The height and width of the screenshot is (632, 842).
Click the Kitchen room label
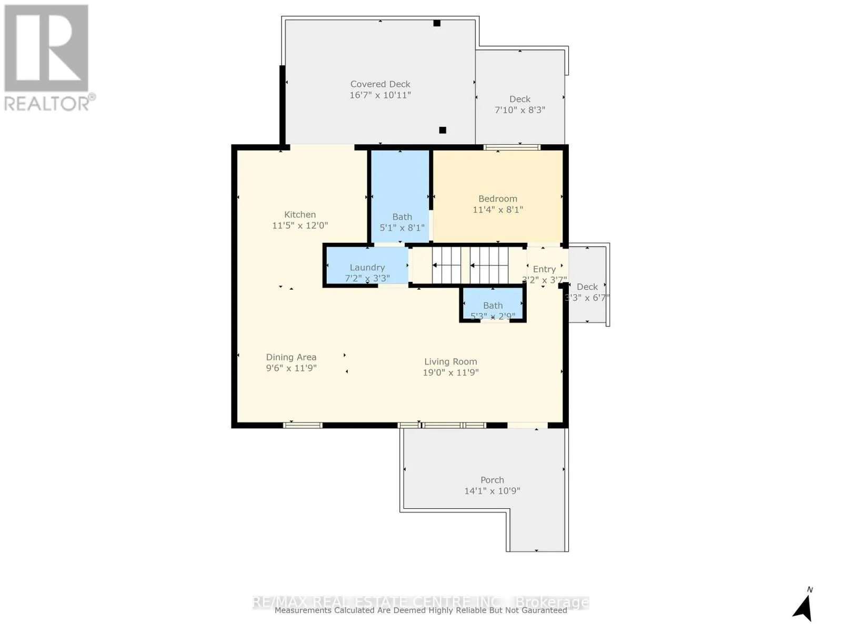coord(300,214)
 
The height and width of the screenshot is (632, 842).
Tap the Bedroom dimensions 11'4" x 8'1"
coord(497,210)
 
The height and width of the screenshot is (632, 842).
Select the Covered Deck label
coord(380,84)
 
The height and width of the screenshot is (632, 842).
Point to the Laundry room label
coord(367,268)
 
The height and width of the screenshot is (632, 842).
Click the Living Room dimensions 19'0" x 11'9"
coord(450,372)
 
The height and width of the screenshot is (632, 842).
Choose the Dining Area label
coord(291,357)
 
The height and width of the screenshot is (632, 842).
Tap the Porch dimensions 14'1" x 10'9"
coord(492,491)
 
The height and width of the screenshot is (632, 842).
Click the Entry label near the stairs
coord(544,269)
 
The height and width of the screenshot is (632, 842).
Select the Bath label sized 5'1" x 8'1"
coord(402,217)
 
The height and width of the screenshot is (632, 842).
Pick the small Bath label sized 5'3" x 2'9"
coord(493,305)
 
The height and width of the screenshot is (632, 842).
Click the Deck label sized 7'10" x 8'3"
coord(519,99)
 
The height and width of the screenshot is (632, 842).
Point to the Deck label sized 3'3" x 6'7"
coord(587,287)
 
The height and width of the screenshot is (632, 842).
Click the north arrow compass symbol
coord(803,607)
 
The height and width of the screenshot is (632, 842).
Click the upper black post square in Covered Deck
coord(437,23)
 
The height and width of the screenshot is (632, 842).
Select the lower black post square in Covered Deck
coord(443,130)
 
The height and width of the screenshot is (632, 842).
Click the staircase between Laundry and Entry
coord(470,265)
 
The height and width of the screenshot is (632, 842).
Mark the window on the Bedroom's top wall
coord(512,147)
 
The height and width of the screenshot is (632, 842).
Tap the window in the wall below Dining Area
coord(303,425)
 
